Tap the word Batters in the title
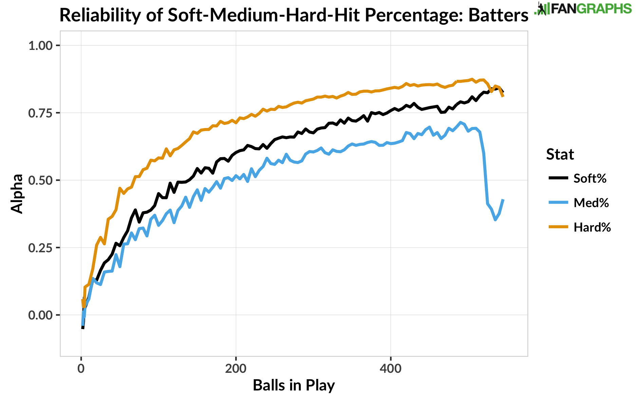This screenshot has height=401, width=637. pyautogui.click(x=498, y=15)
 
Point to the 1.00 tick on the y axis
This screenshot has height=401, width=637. pyautogui.click(x=40, y=45)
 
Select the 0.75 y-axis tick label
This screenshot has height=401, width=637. pyautogui.click(x=40, y=113)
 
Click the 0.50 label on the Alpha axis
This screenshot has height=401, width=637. pyautogui.click(x=40, y=180)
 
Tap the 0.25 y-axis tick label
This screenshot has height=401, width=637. pyautogui.click(x=40, y=248)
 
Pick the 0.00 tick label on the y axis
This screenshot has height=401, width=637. pyautogui.click(x=40, y=315)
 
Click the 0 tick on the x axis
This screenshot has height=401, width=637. pyautogui.click(x=81, y=368)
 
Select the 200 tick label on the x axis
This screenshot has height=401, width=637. pyautogui.click(x=236, y=368)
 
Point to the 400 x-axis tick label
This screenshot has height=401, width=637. pyautogui.click(x=391, y=368)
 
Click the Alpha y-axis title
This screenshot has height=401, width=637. pyautogui.click(x=17, y=194)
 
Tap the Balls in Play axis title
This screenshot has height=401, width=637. pyautogui.click(x=294, y=385)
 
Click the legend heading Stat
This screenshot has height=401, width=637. pyautogui.click(x=560, y=154)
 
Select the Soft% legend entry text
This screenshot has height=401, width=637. pyautogui.click(x=590, y=178)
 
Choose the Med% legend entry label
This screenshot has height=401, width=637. pyautogui.click(x=591, y=203)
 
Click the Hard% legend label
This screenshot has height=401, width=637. pyautogui.click(x=592, y=227)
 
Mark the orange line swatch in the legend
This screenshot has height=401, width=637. pyautogui.click(x=558, y=227)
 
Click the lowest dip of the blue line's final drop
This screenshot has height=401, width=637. pyautogui.click(x=495, y=220)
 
